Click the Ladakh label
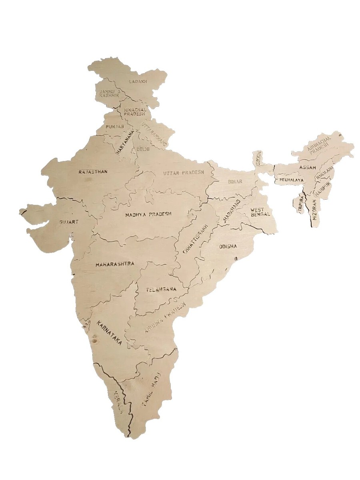[138, 81]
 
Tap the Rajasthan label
[93, 172]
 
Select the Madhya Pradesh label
[148, 214]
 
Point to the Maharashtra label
[114, 264]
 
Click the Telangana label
[161, 289]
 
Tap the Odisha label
[228, 246]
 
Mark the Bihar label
[235, 182]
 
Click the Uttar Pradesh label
[183, 173]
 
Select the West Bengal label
[260, 212]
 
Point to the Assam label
[308, 167]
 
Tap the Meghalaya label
[291, 180]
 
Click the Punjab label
[115, 126]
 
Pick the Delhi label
[143, 149]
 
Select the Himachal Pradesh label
[134, 111]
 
